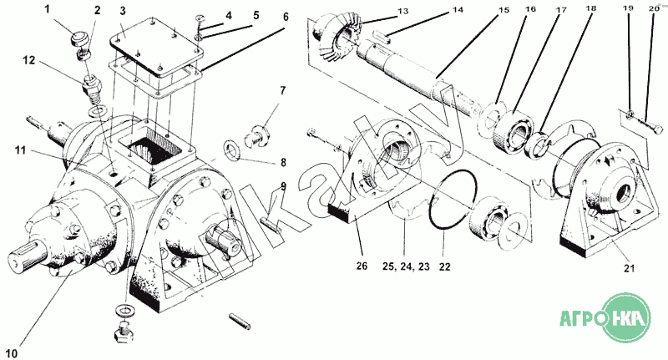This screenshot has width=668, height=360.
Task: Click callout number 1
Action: point(48,9)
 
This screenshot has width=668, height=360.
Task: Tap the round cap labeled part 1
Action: point(78,39)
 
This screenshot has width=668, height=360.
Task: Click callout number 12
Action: point(29,60)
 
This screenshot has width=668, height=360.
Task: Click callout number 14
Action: point(458,9)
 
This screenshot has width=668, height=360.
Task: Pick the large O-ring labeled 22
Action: point(453,200)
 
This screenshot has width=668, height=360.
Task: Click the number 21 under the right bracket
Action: point(629,268)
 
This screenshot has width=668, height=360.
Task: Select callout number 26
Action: point(362,266)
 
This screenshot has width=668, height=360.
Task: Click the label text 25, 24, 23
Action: point(406,266)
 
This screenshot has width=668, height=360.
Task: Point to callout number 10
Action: point(12,353)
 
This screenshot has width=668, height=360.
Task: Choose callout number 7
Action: point(283,90)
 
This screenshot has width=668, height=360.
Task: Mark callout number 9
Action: point(283,186)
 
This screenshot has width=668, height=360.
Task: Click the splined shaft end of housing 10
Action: point(27,257)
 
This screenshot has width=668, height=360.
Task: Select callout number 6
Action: point(286,17)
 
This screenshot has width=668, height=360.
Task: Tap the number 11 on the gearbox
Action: point(20,150)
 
